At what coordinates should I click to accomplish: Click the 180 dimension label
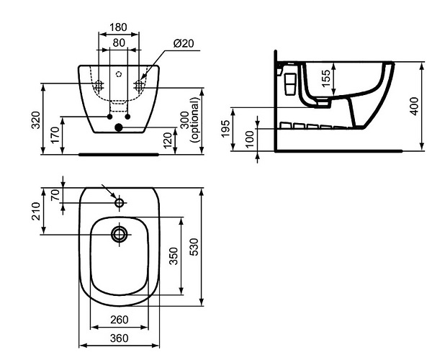coord(119,27)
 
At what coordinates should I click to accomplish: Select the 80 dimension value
coord(119,42)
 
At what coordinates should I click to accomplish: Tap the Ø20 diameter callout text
coord(184,43)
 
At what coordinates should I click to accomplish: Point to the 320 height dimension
coord(36,120)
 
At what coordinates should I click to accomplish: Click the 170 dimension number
coord(55,135)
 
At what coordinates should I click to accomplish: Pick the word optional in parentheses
coord(195,120)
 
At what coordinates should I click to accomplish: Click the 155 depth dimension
coord(326,78)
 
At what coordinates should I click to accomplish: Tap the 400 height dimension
coord(414,106)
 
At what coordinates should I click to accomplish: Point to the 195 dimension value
coord(225,128)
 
